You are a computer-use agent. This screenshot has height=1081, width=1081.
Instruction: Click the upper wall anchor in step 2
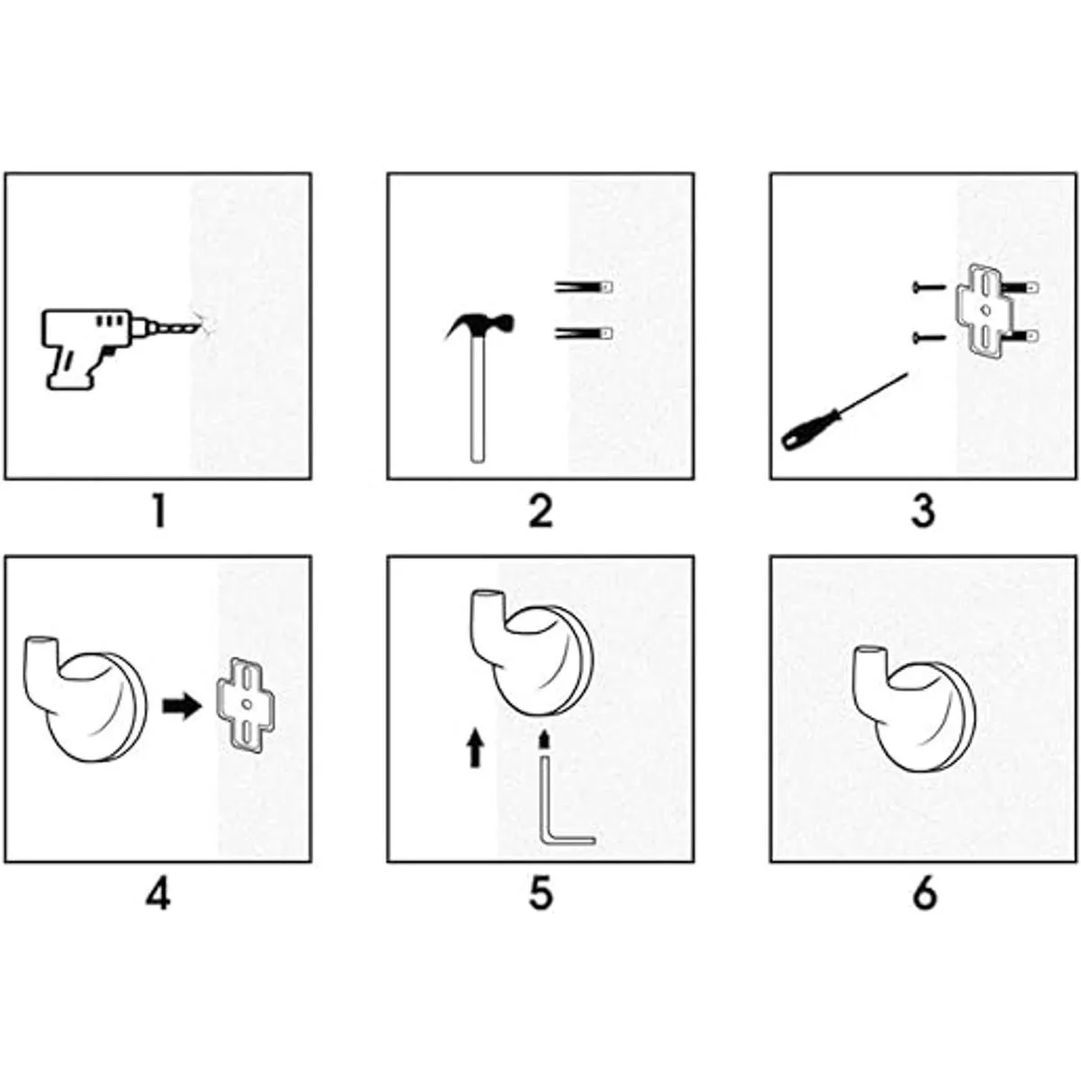(584, 287)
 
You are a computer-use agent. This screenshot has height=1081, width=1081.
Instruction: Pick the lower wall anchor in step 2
(584, 334)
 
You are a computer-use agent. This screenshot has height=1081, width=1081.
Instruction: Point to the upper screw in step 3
(929, 287)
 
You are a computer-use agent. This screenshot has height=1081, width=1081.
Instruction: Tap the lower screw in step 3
(929, 337)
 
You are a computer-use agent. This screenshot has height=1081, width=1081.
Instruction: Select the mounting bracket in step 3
(986, 310)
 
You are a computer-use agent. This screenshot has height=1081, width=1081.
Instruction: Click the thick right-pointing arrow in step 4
(182, 706)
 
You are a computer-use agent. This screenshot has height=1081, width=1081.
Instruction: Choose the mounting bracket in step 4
(245, 704)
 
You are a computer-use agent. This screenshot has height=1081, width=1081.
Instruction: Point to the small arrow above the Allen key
(542, 740)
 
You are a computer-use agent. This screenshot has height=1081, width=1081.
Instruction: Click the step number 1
(159, 513)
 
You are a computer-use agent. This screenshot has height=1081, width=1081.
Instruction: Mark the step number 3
(923, 513)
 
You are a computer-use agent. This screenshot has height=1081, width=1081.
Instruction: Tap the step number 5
(540, 895)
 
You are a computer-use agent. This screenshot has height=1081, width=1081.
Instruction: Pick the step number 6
(924, 895)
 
